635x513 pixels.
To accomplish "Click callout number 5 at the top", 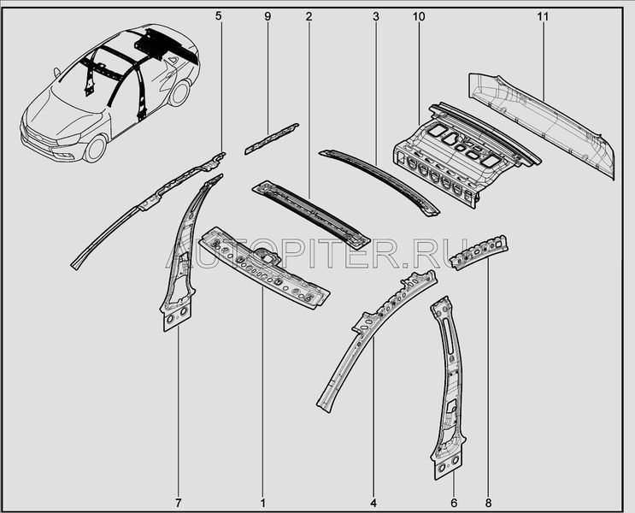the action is coord(219,16).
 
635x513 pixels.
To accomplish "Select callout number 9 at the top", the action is coord(268,16).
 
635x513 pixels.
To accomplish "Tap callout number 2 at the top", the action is coord(309,16).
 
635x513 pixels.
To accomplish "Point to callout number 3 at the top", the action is coord(376,16).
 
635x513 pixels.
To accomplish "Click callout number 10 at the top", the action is coord(419,16).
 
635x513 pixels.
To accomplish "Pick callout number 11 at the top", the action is coord(543,16).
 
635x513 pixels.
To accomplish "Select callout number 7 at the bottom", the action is coord(179,503).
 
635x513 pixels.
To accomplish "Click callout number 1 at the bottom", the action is coord(263,503).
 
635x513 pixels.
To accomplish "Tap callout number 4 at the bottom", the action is coord(373,503).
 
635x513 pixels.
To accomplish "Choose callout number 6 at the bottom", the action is coord(454,503).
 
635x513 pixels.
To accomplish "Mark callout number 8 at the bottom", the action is coord(488,503).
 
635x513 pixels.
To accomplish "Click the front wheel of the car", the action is coord(96,148).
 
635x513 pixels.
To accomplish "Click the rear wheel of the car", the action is coord(179,92).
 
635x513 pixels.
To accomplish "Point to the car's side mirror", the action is coord(56,73).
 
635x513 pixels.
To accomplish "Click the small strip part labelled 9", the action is coord(271,139).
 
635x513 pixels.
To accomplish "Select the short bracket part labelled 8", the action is coord(480,251).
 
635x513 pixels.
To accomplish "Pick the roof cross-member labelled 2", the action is coord(311,214).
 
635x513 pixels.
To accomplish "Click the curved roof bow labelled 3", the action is coord(379,182).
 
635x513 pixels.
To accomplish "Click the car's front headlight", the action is coord(69,140).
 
